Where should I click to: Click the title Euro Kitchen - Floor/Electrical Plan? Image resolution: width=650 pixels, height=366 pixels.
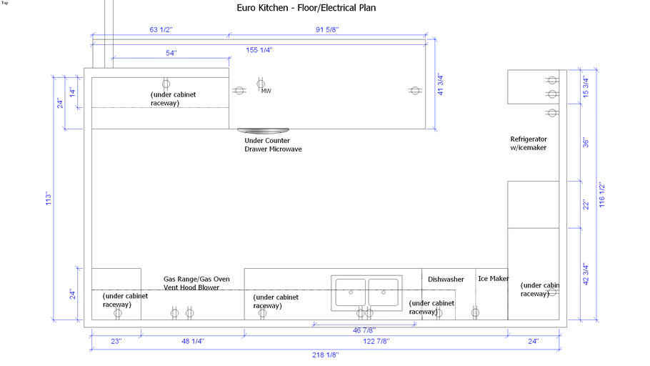tap(306, 8)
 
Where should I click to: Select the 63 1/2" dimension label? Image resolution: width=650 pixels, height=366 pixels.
tap(161, 30)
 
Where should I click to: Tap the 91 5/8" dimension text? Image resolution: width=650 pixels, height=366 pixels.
tap(327, 30)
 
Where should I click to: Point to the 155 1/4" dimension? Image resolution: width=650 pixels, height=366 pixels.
tap(259, 50)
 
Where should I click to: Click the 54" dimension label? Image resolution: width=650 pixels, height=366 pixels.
tap(171, 53)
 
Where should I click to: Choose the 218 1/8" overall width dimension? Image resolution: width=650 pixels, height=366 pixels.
tap(326, 355)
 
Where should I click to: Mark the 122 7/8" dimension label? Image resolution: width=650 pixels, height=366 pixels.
tap(376, 342)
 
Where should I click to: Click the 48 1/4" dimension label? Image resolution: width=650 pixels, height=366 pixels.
tap(193, 342)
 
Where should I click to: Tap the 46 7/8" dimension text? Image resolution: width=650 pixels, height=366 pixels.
tap(364, 330)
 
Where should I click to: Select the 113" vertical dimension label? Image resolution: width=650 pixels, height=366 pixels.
tap(49, 198)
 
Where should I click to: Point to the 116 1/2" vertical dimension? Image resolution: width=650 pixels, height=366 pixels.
tap(602, 195)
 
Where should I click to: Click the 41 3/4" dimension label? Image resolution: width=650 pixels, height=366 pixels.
tap(440, 85)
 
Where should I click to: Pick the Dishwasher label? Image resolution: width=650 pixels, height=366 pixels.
tap(446, 280)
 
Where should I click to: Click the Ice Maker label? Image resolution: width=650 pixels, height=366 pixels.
tap(494, 279)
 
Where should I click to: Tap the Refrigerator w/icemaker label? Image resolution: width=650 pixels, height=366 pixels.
tap(529, 143)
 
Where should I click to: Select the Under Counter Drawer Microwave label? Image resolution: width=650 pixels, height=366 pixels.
tap(273, 145)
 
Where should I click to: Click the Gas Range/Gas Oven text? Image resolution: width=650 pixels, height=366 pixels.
tap(196, 280)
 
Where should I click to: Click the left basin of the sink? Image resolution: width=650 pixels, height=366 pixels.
tap(351, 292)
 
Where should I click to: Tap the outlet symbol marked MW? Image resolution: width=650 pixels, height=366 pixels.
tap(261, 84)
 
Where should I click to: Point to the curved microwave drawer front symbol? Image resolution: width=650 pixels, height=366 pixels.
tap(264, 131)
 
